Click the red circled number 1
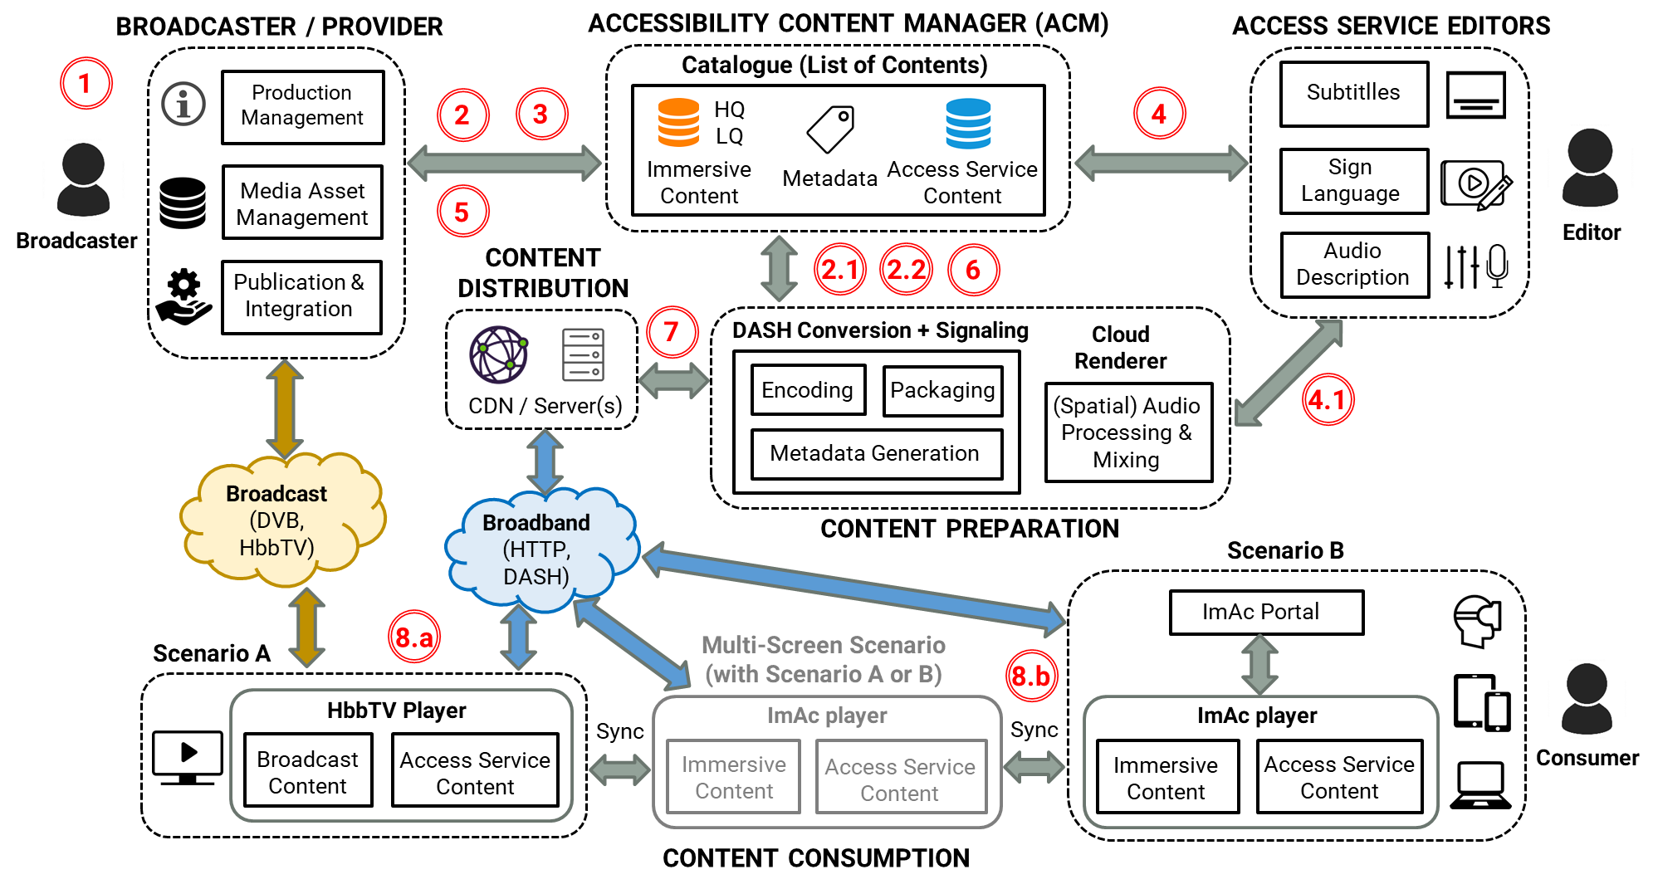(x=86, y=83)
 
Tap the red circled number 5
(x=462, y=211)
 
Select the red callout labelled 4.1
(x=1327, y=399)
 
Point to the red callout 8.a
(x=413, y=637)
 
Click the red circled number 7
(x=672, y=332)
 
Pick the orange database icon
(x=678, y=122)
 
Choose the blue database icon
(x=968, y=124)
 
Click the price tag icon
(x=829, y=129)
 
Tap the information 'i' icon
(x=183, y=104)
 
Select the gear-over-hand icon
(x=183, y=296)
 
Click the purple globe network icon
(x=498, y=354)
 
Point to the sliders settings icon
(x=1461, y=267)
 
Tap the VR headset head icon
(x=1476, y=622)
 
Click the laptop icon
(x=1480, y=784)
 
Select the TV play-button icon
(x=188, y=756)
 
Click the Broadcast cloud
(x=279, y=519)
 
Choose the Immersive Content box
(x=733, y=777)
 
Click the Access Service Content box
(x=900, y=779)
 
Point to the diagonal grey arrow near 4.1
(x=1288, y=374)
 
